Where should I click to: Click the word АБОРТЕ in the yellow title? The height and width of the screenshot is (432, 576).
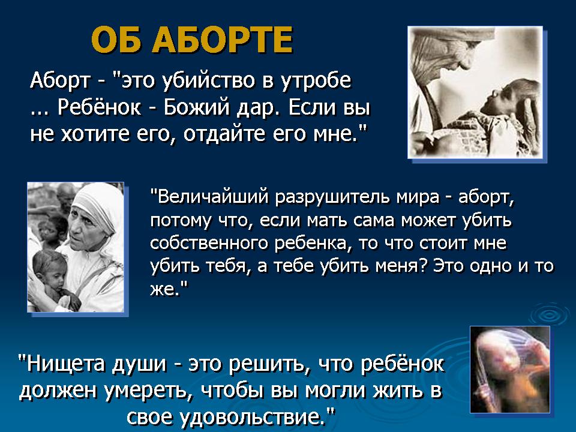coord(223,40)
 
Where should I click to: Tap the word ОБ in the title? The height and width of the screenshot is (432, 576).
coord(116,40)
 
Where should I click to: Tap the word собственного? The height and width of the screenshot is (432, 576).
coord(209,243)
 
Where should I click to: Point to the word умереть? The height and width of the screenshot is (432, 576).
coord(148,391)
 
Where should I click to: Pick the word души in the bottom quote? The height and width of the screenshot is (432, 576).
coord(139,364)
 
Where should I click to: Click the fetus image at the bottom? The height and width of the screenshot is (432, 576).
coord(510,369)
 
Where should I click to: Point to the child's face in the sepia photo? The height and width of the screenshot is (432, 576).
coord(492,99)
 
